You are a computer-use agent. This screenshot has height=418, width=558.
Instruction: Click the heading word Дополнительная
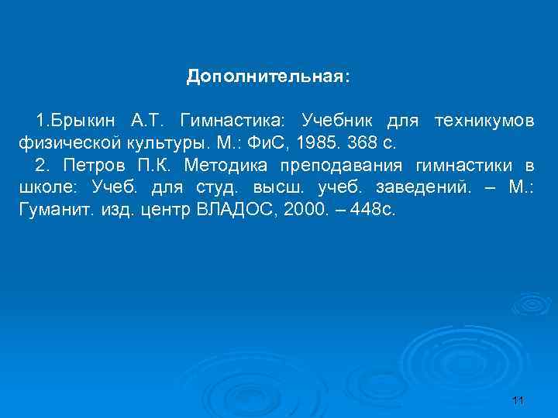pos(267,77)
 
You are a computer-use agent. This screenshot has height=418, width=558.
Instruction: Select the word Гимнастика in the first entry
pos(232,122)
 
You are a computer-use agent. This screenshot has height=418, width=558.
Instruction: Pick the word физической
pos(63,144)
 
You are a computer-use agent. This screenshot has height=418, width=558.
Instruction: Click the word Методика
pos(220,166)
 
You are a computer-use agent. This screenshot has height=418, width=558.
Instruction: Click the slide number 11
pos(518,399)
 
